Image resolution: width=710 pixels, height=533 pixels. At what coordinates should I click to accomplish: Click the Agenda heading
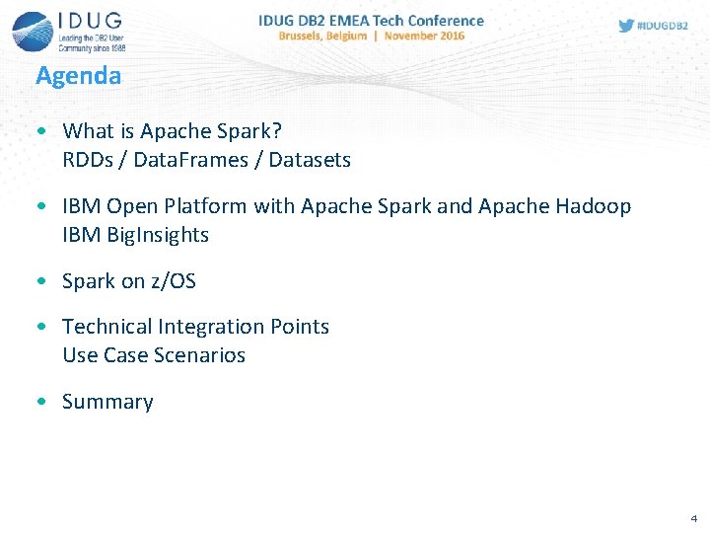tap(78, 76)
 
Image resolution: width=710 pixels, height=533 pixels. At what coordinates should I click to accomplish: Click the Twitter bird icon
tap(626, 26)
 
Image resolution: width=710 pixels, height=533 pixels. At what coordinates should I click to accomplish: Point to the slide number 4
tap(693, 517)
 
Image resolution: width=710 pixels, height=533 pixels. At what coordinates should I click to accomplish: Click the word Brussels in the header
tap(307, 36)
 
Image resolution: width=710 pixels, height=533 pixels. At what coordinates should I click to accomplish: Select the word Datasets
tap(310, 160)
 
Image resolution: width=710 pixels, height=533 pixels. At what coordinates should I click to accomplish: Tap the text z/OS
tap(173, 281)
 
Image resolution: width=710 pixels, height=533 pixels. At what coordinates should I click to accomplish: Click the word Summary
tap(107, 402)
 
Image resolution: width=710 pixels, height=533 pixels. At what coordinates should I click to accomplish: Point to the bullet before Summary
tap(39, 403)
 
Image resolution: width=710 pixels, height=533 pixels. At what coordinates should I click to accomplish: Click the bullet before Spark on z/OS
tap(39, 282)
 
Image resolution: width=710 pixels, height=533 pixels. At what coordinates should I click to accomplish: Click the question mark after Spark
tap(277, 131)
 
